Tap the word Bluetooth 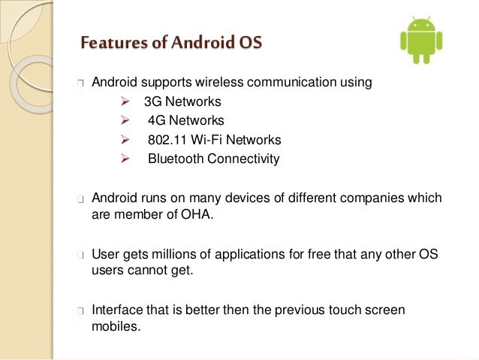tap(175, 159)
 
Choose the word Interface tap(116, 310)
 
